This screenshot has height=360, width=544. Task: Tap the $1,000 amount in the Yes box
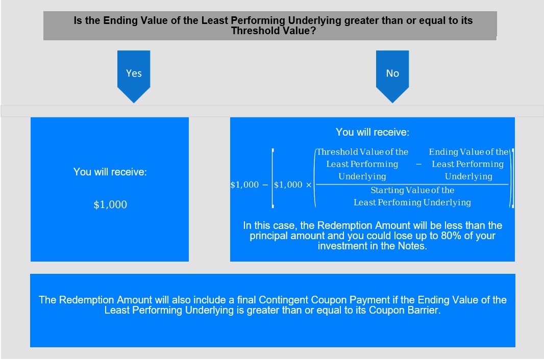pos(110,204)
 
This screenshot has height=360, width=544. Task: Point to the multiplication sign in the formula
pos(308,185)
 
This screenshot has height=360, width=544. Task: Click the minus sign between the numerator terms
pos(419,164)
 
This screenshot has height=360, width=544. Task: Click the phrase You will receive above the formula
pos(372,132)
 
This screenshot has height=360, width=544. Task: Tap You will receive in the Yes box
pos(110,172)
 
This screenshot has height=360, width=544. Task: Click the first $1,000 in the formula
pos(244,185)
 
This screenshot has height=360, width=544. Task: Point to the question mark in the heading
pos(313,31)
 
